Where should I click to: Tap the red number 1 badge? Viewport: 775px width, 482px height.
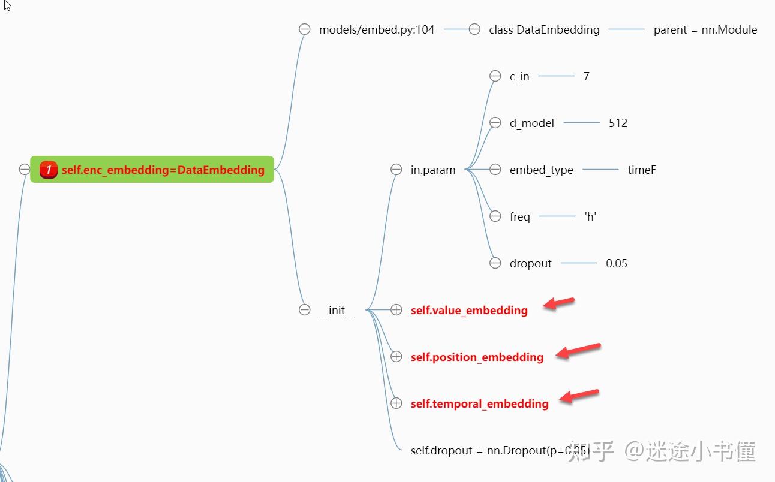click(49, 170)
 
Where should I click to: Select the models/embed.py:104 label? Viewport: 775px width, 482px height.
click(376, 29)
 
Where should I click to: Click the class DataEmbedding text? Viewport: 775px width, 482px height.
click(543, 29)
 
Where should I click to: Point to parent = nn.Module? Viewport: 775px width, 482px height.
click(705, 29)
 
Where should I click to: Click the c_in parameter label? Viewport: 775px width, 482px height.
click(519, 76)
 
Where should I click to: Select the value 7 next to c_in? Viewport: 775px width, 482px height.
click(586, 76)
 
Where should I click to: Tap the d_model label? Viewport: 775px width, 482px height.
click(531, 123)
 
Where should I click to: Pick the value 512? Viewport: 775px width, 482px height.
click(618, 123)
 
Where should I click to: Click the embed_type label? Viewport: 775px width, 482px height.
click(541, 170)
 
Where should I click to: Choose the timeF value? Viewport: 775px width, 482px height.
click(642, 170)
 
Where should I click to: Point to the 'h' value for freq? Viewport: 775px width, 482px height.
click(590, 216)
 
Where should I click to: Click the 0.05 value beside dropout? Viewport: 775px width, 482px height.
click(617, 263)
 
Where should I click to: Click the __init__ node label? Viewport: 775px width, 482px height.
click(337, 310)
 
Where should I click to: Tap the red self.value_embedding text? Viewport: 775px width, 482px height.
click(469, 310)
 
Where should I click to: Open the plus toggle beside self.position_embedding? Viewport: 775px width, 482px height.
click(396, 357)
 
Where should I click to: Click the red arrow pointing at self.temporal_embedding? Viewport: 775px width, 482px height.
click(579, 396)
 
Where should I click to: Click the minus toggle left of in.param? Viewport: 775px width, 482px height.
click(396, 170)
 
